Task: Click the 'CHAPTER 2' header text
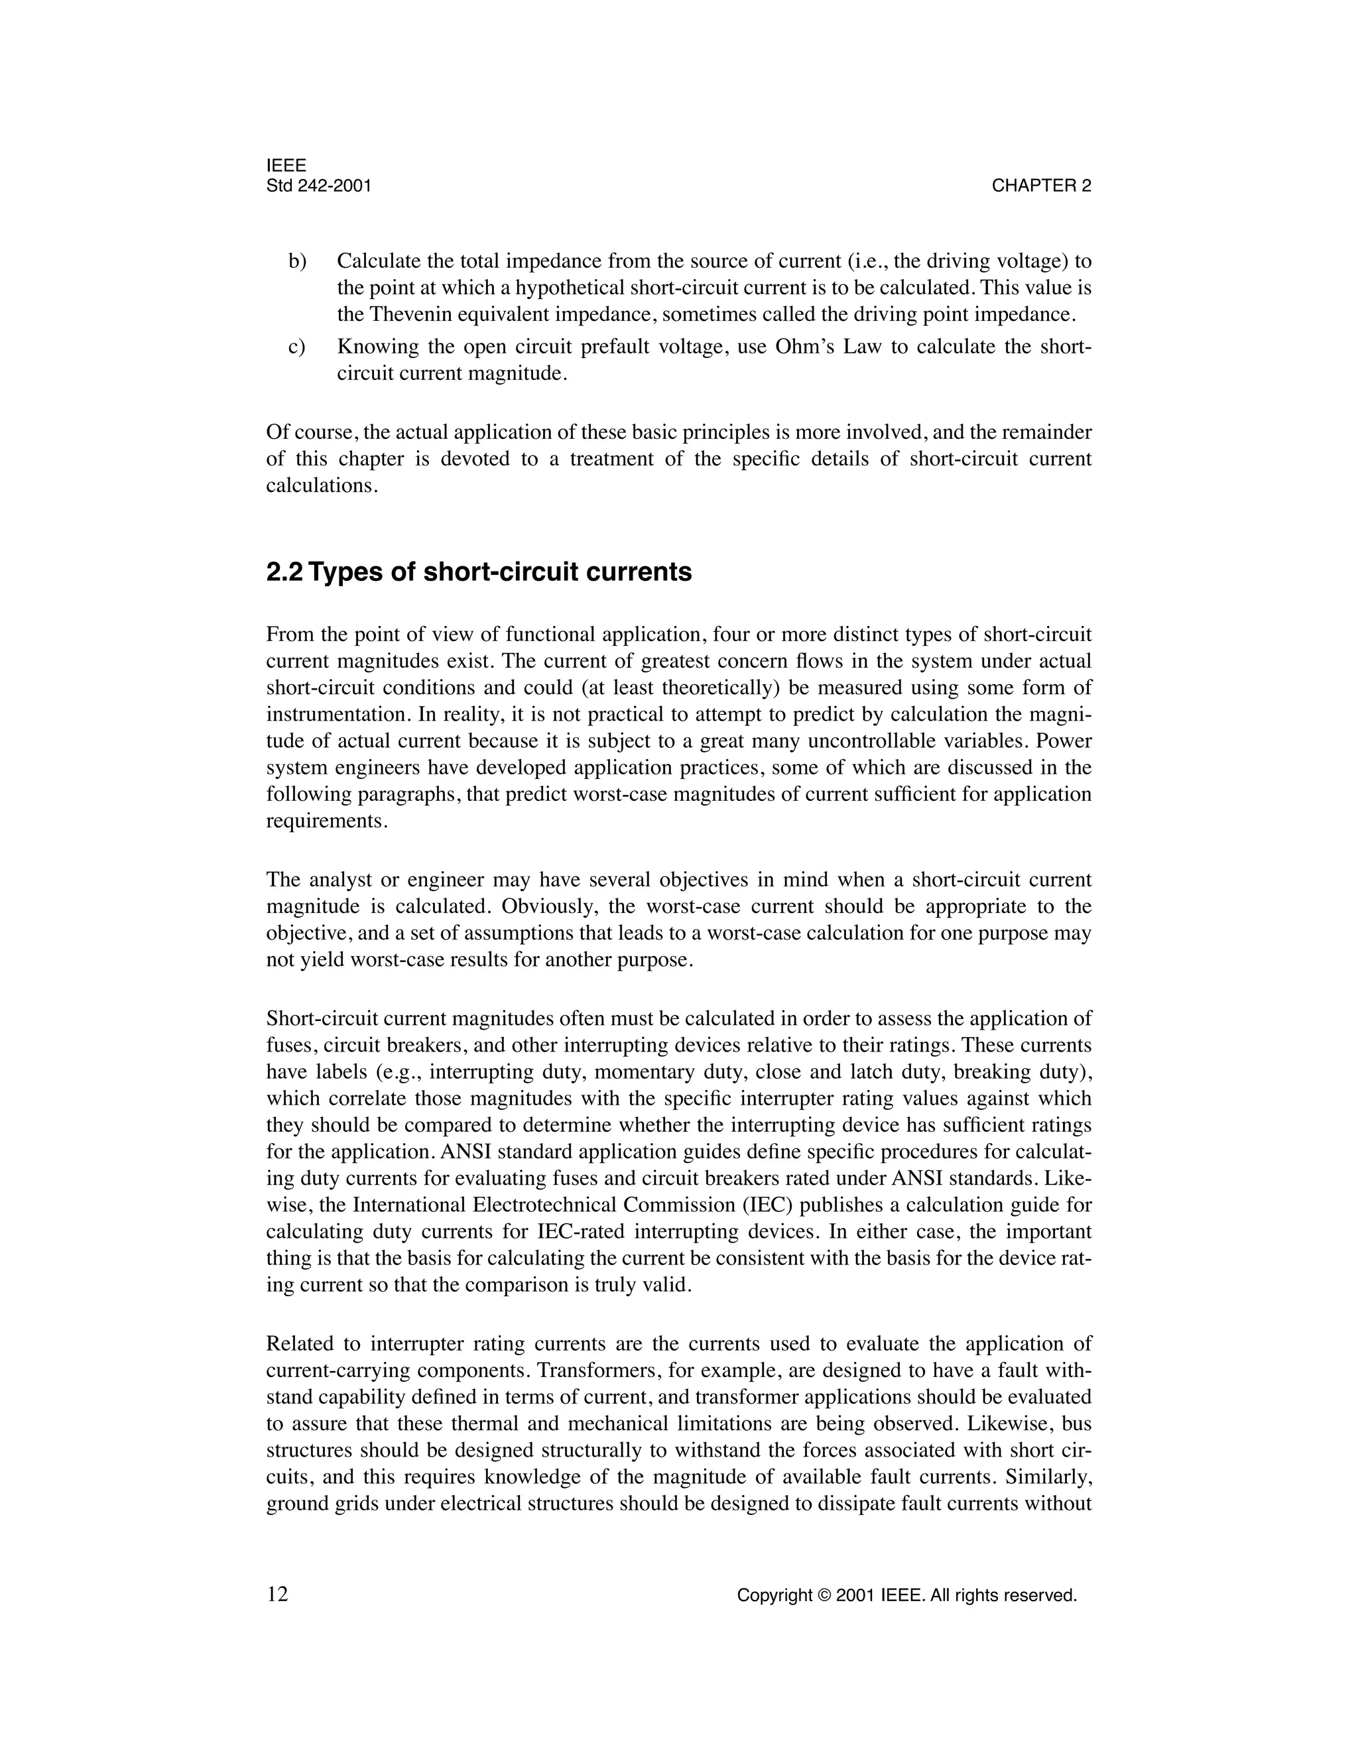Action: [x=1041, y=186]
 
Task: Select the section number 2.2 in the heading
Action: [x=284, y=572]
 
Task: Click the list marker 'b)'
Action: [x=298, y=261]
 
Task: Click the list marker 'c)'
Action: [x=297, y=347]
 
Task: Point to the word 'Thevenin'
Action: [x=407, y=314]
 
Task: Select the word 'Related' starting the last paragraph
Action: [x=295, y=1343]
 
